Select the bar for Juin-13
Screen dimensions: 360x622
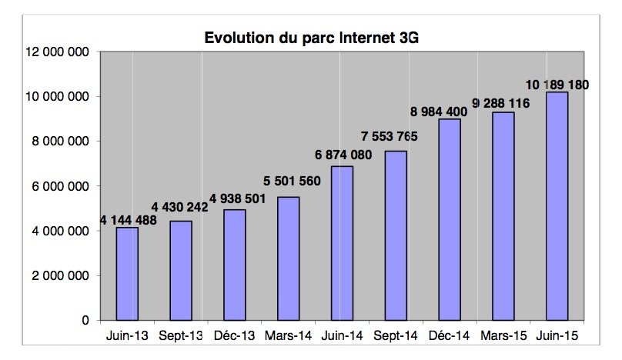tap(127, 273)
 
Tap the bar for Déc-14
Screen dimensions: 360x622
tap(449, 219)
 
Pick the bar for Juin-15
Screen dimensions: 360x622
tap(557, 206)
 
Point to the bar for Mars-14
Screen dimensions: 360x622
tap(288, 258)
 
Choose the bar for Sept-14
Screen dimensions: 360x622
tap(396, 235)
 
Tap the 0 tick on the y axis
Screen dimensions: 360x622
tap(85, 320)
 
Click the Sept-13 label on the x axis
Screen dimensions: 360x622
tap(181, 336)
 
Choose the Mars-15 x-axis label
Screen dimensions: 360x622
tap(503, 336)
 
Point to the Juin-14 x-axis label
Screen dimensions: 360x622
tap(342, 336)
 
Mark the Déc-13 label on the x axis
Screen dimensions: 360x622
tap(234, 336)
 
